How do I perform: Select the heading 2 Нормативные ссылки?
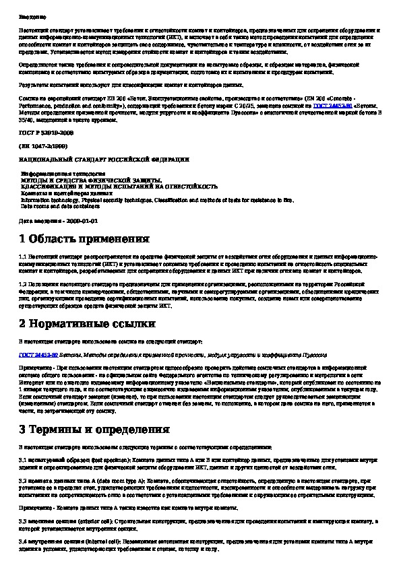(x=83, y=324)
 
